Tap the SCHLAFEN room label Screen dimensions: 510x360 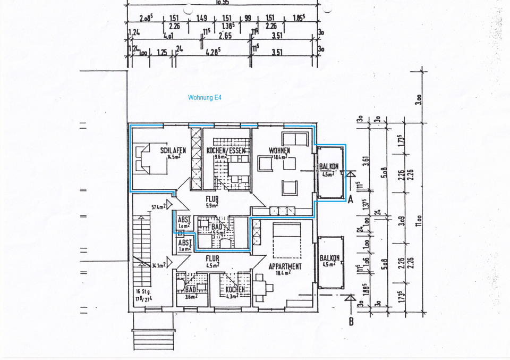click(173, 150)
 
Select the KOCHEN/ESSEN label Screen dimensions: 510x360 click(226, 150)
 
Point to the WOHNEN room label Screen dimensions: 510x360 click(279, 150)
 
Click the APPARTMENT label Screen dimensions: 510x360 click(285, 266)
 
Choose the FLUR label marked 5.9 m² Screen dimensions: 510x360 click(212, 200)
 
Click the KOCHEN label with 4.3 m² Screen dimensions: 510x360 click(235, 289)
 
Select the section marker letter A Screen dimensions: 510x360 click(350, 200)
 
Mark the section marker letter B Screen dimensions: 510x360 click(351, 321)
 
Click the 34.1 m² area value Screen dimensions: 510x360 click(158, 264)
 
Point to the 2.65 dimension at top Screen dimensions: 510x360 click(225, 36)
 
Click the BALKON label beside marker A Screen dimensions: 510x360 click(329, 166)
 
